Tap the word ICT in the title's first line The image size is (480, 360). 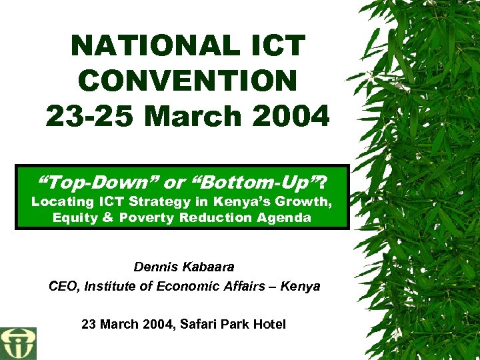tap(276, 46)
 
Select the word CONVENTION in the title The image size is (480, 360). tap(187, 81)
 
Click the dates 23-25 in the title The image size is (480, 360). tap(91, 116)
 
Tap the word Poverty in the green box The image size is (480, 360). tap(150, 218)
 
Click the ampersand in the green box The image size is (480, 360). tap(106, 218)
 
